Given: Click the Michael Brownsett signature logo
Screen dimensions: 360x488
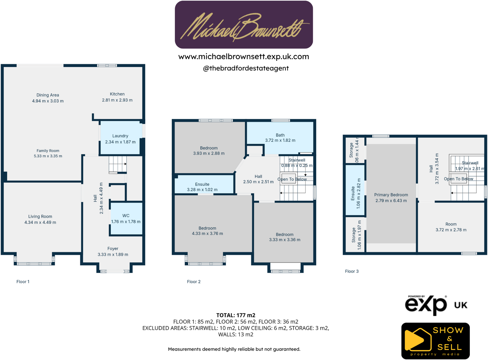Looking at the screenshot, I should click(x=244, y=25).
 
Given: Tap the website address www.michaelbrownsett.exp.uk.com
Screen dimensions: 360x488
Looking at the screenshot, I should click(x=244, y=57).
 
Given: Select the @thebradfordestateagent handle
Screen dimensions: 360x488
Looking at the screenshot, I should click(x=246, y=68).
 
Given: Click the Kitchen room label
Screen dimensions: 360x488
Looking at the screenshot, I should click(x=117, y=94).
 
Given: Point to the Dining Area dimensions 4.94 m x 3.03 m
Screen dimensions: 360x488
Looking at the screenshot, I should click(x=48, y=101).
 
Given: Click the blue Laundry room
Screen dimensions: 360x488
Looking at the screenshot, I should click(x=120, y=139).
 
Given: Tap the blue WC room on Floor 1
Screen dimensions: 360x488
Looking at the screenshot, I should click(x=126, y=219).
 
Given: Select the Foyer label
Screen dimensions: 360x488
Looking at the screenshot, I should click(x=113, y=249).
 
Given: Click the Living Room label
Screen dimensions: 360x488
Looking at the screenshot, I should click(x=40, y=217).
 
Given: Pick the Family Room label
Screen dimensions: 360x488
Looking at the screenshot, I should click(x=48, y=151).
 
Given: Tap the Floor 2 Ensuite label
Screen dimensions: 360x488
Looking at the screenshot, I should click(x=202, y=184).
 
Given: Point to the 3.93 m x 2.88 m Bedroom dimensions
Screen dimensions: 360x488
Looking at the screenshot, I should click(x=209, y=153).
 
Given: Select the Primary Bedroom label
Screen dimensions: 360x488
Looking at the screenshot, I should click(x=391, y=195).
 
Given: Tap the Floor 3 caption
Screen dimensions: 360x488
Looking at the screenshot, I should click(x=352, y=271).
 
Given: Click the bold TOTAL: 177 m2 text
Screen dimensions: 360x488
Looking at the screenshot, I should click(x=236, y=315).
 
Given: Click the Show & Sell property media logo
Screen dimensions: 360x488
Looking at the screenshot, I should click(x=436, y=341).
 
